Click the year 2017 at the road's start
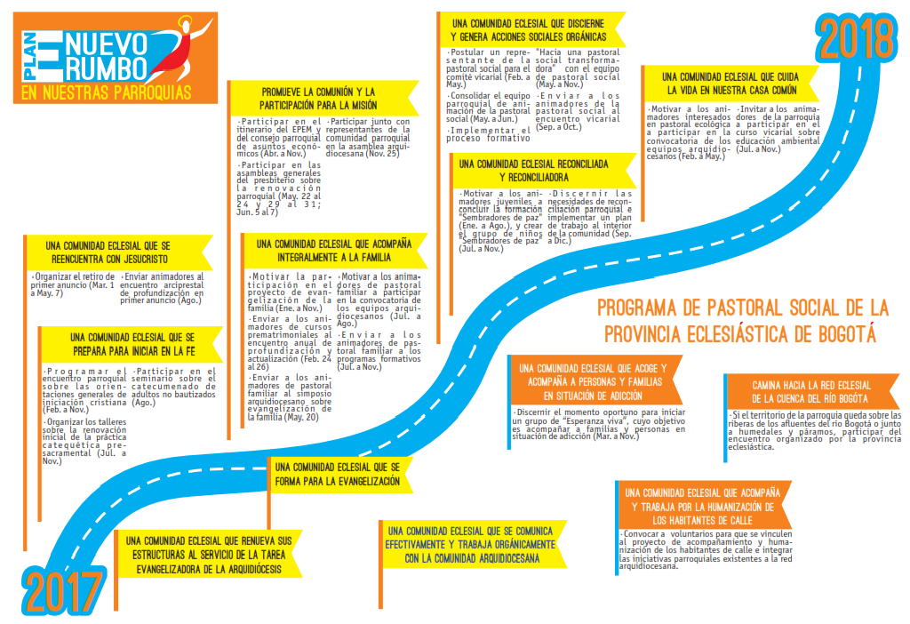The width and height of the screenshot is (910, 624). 61,592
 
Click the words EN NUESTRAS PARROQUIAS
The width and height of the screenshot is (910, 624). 107,91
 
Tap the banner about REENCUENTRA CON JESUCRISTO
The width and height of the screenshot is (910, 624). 116,252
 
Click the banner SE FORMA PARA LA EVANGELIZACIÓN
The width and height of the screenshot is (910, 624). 338,473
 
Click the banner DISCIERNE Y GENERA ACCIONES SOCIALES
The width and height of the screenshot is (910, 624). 528,29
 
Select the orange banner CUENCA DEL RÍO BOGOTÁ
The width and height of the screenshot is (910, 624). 810,392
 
